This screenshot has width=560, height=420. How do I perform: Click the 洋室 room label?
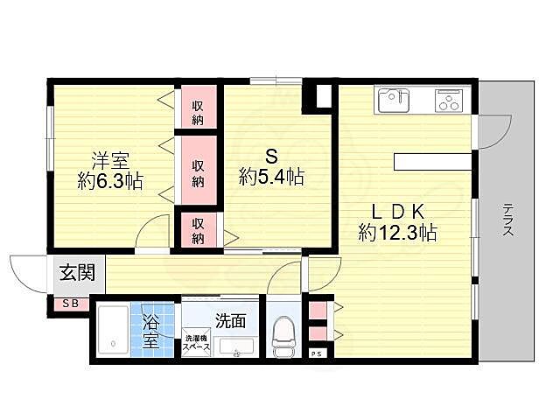[x=111, y=160]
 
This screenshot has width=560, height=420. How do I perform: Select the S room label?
[x=271, y=157]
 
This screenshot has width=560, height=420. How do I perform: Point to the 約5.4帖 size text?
[x=271, y=178]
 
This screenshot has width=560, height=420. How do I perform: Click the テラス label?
[x=507, y=219]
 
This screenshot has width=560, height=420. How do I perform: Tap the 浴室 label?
[x=151, y=330]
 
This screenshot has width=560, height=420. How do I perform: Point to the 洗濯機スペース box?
[x=196, y=344]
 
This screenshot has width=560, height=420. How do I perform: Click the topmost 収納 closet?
[x=199, y=110]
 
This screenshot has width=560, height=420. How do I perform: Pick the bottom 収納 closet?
[x=199, y=230]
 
